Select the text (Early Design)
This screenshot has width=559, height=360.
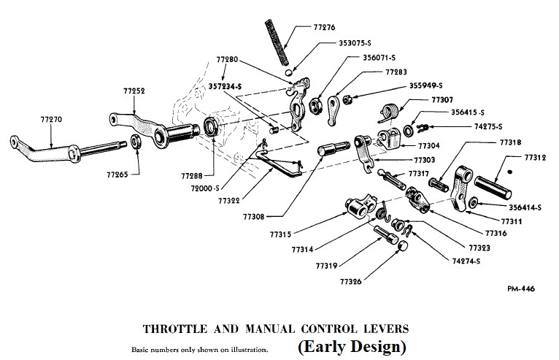[352, 345]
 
